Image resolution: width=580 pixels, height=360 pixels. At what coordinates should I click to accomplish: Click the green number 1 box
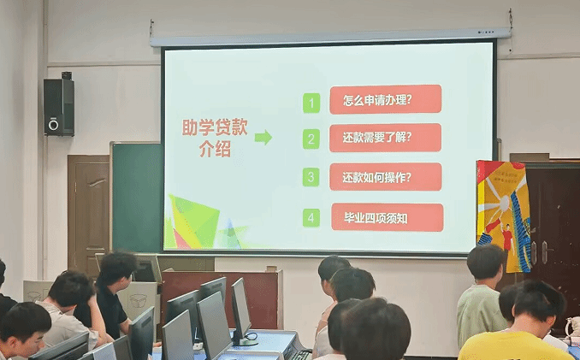311,103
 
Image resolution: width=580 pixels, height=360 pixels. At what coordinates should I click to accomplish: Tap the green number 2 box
311,139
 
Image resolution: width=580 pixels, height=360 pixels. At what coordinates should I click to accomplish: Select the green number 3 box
311,177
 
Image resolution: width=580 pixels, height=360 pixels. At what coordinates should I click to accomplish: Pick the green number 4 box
311,218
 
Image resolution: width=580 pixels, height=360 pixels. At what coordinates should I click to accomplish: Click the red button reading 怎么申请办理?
386,99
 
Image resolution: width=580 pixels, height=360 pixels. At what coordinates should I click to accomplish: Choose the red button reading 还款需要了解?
385,138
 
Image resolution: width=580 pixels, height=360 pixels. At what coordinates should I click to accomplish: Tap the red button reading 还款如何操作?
386,177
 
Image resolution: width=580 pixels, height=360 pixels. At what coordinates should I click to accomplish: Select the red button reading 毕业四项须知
388,217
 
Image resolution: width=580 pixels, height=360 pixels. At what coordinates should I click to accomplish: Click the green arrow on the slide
263,138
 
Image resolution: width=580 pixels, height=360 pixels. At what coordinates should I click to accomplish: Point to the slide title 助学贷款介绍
215,139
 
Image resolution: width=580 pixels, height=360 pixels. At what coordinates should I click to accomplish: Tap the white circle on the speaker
54,125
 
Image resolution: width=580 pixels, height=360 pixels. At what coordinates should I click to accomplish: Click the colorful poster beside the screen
503,216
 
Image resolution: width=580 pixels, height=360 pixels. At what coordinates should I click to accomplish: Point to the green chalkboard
137,198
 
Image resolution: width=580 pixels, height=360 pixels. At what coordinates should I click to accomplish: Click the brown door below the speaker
88,215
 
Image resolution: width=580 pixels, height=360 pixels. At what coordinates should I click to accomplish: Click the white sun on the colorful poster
504,202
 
